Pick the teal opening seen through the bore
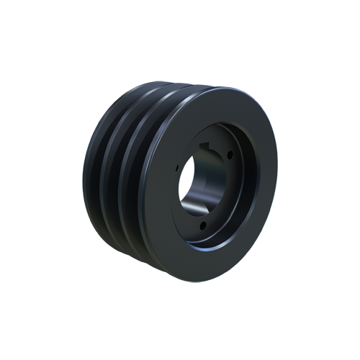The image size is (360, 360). pos(189,180)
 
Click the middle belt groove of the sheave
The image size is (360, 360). pos(115,173)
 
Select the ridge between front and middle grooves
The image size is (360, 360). pos(125,176)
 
